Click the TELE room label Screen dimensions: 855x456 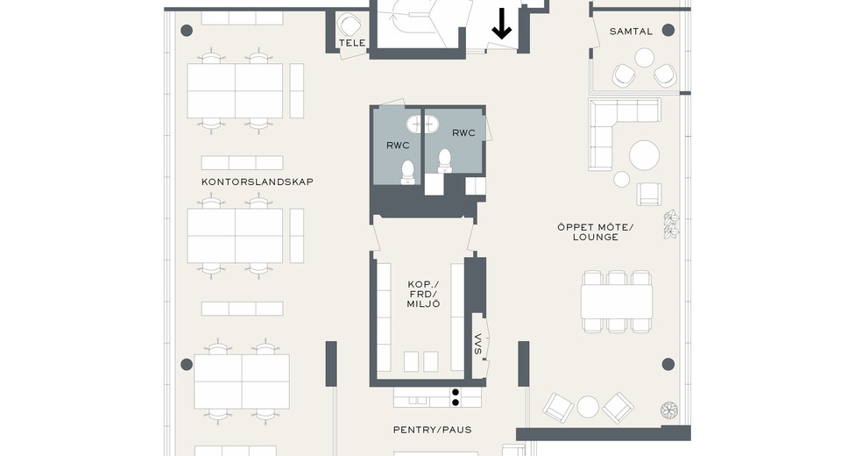click(x=351, y=43)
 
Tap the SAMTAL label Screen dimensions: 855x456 click(x=631, y=32)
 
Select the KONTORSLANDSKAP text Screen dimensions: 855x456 click(x=258, y=182)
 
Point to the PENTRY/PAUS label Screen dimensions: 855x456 click(x=433, y=430)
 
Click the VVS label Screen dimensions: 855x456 click(x=478, y=344)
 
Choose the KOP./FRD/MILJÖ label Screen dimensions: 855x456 click(x=424, y=295)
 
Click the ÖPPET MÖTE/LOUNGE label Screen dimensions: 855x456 click(x=596, y=232)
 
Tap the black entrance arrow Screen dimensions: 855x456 click(x=502, y=25)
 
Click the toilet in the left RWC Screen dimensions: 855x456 click(x=408, y=172)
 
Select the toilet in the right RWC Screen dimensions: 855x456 click(x=445, y=161)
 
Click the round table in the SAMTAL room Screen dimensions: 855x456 click(x=645, y=57)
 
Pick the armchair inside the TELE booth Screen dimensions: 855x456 click(x=349, y=25)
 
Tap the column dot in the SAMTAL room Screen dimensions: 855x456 click(x=668, y=30)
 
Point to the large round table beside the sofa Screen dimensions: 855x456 click(x=645, y=155)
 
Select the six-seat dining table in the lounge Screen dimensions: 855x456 click(x=617, y=302)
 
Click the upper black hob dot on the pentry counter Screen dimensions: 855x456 click(x=456, y=392)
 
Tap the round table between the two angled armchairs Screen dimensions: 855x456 click(x=588, y=407)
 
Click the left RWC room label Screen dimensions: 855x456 click(x=398, y=146)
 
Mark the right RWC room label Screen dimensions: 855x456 click(x=463, y=132)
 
